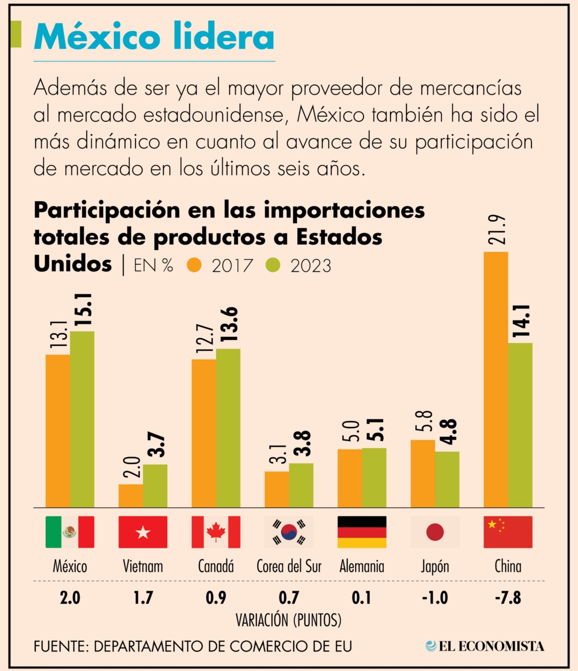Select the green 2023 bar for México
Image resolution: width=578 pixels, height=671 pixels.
click(82, 419)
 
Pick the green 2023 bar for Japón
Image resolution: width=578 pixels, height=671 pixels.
click(447, 479)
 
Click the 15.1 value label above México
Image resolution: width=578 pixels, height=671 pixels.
click(83, 310)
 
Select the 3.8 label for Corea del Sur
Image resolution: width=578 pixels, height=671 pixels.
click(302, 443)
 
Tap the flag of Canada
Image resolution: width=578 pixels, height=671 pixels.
click(216, 532)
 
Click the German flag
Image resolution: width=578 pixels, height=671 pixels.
click(362, 532)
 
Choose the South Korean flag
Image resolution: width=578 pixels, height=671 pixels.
click(289, 532)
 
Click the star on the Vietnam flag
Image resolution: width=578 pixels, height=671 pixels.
click(143, 532)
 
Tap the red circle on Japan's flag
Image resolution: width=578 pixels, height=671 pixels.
click(435, 532)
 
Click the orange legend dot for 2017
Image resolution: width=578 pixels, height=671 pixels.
click(194, 265)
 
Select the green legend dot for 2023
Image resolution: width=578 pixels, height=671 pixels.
click(273, 265)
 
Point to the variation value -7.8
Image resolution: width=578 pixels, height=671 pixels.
click(508, 598)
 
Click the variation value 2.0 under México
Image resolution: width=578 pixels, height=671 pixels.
click(70, 598)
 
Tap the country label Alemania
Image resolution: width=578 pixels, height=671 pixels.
click(362, 566)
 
